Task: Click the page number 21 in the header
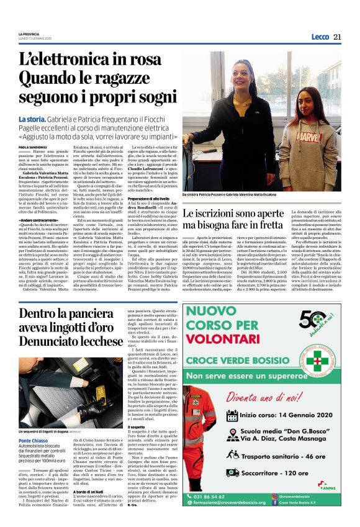pos(337,36)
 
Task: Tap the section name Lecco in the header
pos(320,37)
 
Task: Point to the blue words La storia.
pos(32,119)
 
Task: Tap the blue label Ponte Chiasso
pos(32,423)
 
